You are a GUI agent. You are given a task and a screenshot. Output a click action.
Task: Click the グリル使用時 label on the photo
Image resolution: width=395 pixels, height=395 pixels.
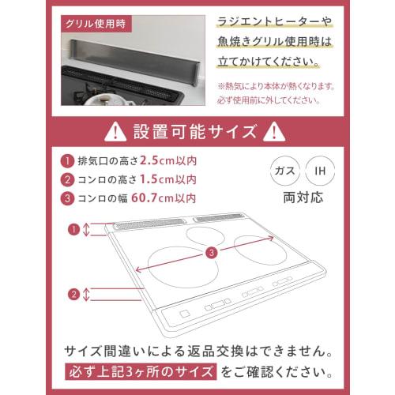click(x=95, y=22)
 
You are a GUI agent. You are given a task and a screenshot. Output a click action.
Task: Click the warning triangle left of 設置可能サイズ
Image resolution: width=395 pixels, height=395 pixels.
click(x=116, y=130)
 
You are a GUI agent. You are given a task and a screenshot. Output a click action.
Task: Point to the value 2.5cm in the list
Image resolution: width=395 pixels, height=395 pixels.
click(x=168, y=161)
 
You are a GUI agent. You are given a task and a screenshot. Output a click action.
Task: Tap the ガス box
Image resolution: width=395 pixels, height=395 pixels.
click(x=282, y=170)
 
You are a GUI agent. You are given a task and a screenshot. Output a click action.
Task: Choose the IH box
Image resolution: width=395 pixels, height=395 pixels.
click(x=320, y=170)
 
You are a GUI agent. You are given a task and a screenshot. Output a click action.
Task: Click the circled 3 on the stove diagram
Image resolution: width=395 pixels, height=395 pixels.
click(x=211, y=253)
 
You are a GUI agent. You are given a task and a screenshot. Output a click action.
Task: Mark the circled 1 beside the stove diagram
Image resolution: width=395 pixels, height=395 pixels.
click(x=73, y=230)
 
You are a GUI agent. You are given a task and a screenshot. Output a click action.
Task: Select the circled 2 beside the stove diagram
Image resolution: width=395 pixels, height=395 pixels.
click(x=73, y=294)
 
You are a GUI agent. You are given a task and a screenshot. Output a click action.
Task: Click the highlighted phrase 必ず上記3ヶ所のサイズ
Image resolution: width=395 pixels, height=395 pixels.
click(x=140, y=371)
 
